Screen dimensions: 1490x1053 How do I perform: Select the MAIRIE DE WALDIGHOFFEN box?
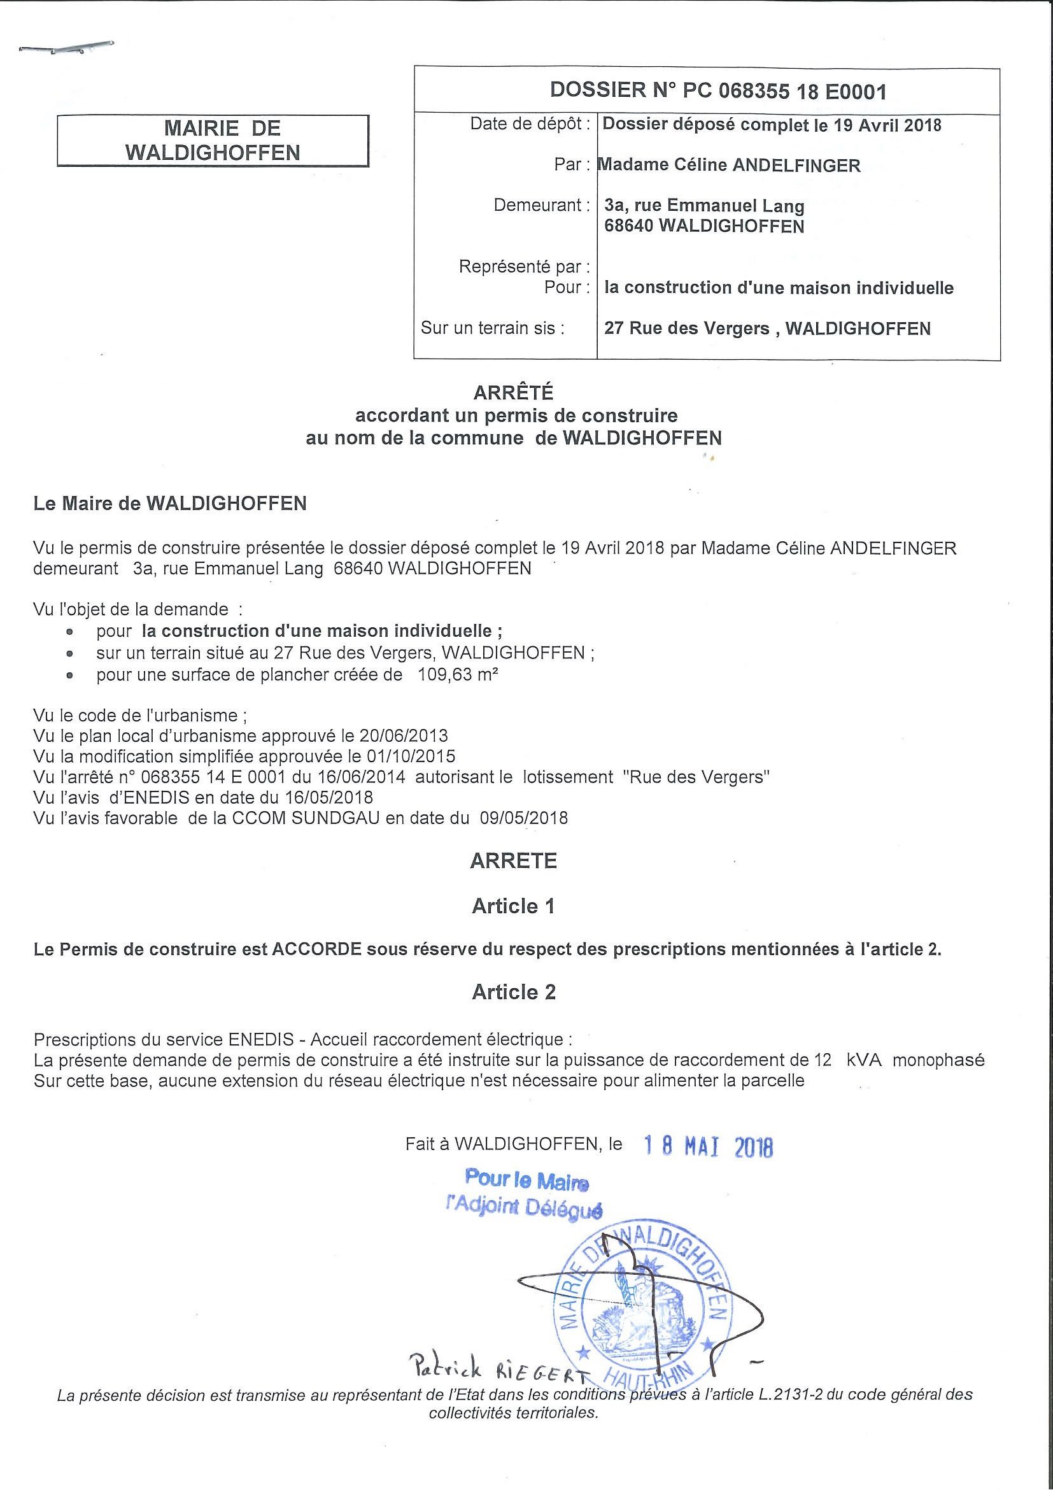213,141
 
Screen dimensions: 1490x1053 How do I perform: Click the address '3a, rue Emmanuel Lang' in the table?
704,206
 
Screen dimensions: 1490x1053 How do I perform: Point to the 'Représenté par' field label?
524,267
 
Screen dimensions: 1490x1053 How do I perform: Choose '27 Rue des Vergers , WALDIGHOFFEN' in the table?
767,329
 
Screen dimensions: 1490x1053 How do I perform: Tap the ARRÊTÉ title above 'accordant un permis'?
513,393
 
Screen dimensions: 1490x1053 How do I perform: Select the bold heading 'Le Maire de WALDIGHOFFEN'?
170,504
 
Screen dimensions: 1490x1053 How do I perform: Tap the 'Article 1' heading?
513,907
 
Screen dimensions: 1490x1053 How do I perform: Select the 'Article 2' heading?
513,992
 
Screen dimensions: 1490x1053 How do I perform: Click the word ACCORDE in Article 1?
316,949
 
